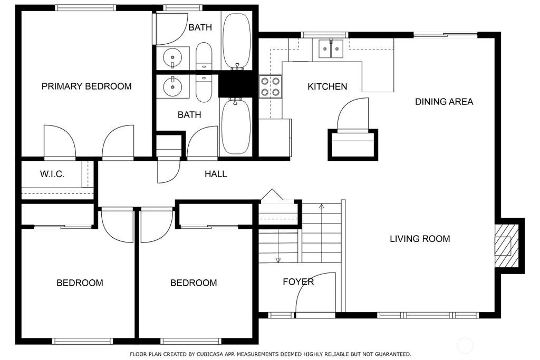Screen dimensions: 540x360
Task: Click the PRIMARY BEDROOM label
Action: [86, 86]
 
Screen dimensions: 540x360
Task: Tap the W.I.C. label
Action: [52, 174]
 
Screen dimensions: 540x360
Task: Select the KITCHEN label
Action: [327, 86]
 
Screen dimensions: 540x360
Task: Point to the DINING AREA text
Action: [444, 102]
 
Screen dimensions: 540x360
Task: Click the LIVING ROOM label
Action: [420, 239]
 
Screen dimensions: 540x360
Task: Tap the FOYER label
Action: [298, 282]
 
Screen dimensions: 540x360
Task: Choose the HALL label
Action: [216, 174]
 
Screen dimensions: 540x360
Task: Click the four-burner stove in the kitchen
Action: [271, 87]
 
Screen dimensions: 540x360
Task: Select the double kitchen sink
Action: [331, 48]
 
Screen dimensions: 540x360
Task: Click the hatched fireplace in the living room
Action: [507, 246]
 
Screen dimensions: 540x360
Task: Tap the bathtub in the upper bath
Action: [237, 41]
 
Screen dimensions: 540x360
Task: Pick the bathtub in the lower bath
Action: [236, 127]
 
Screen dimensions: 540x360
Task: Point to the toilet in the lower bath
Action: [204, 89]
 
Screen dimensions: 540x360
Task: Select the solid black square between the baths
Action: [238, 86]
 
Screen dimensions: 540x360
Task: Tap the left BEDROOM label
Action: [80, 283]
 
